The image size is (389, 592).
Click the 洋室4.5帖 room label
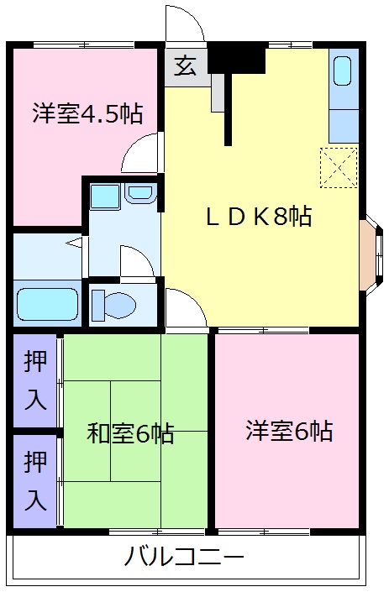point(87,113)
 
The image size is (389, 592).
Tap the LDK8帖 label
point(259,217)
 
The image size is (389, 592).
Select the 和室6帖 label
point(131,433)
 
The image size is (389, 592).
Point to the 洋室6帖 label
point(289,432)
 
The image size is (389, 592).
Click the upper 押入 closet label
point(35,380)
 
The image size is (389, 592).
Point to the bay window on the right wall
point(370,250)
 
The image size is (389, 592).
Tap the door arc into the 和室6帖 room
point(184,310)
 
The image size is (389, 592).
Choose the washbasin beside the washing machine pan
point(139,193)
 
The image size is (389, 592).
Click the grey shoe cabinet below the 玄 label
point(218,92)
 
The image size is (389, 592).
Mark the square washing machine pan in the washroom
point(106,196)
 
